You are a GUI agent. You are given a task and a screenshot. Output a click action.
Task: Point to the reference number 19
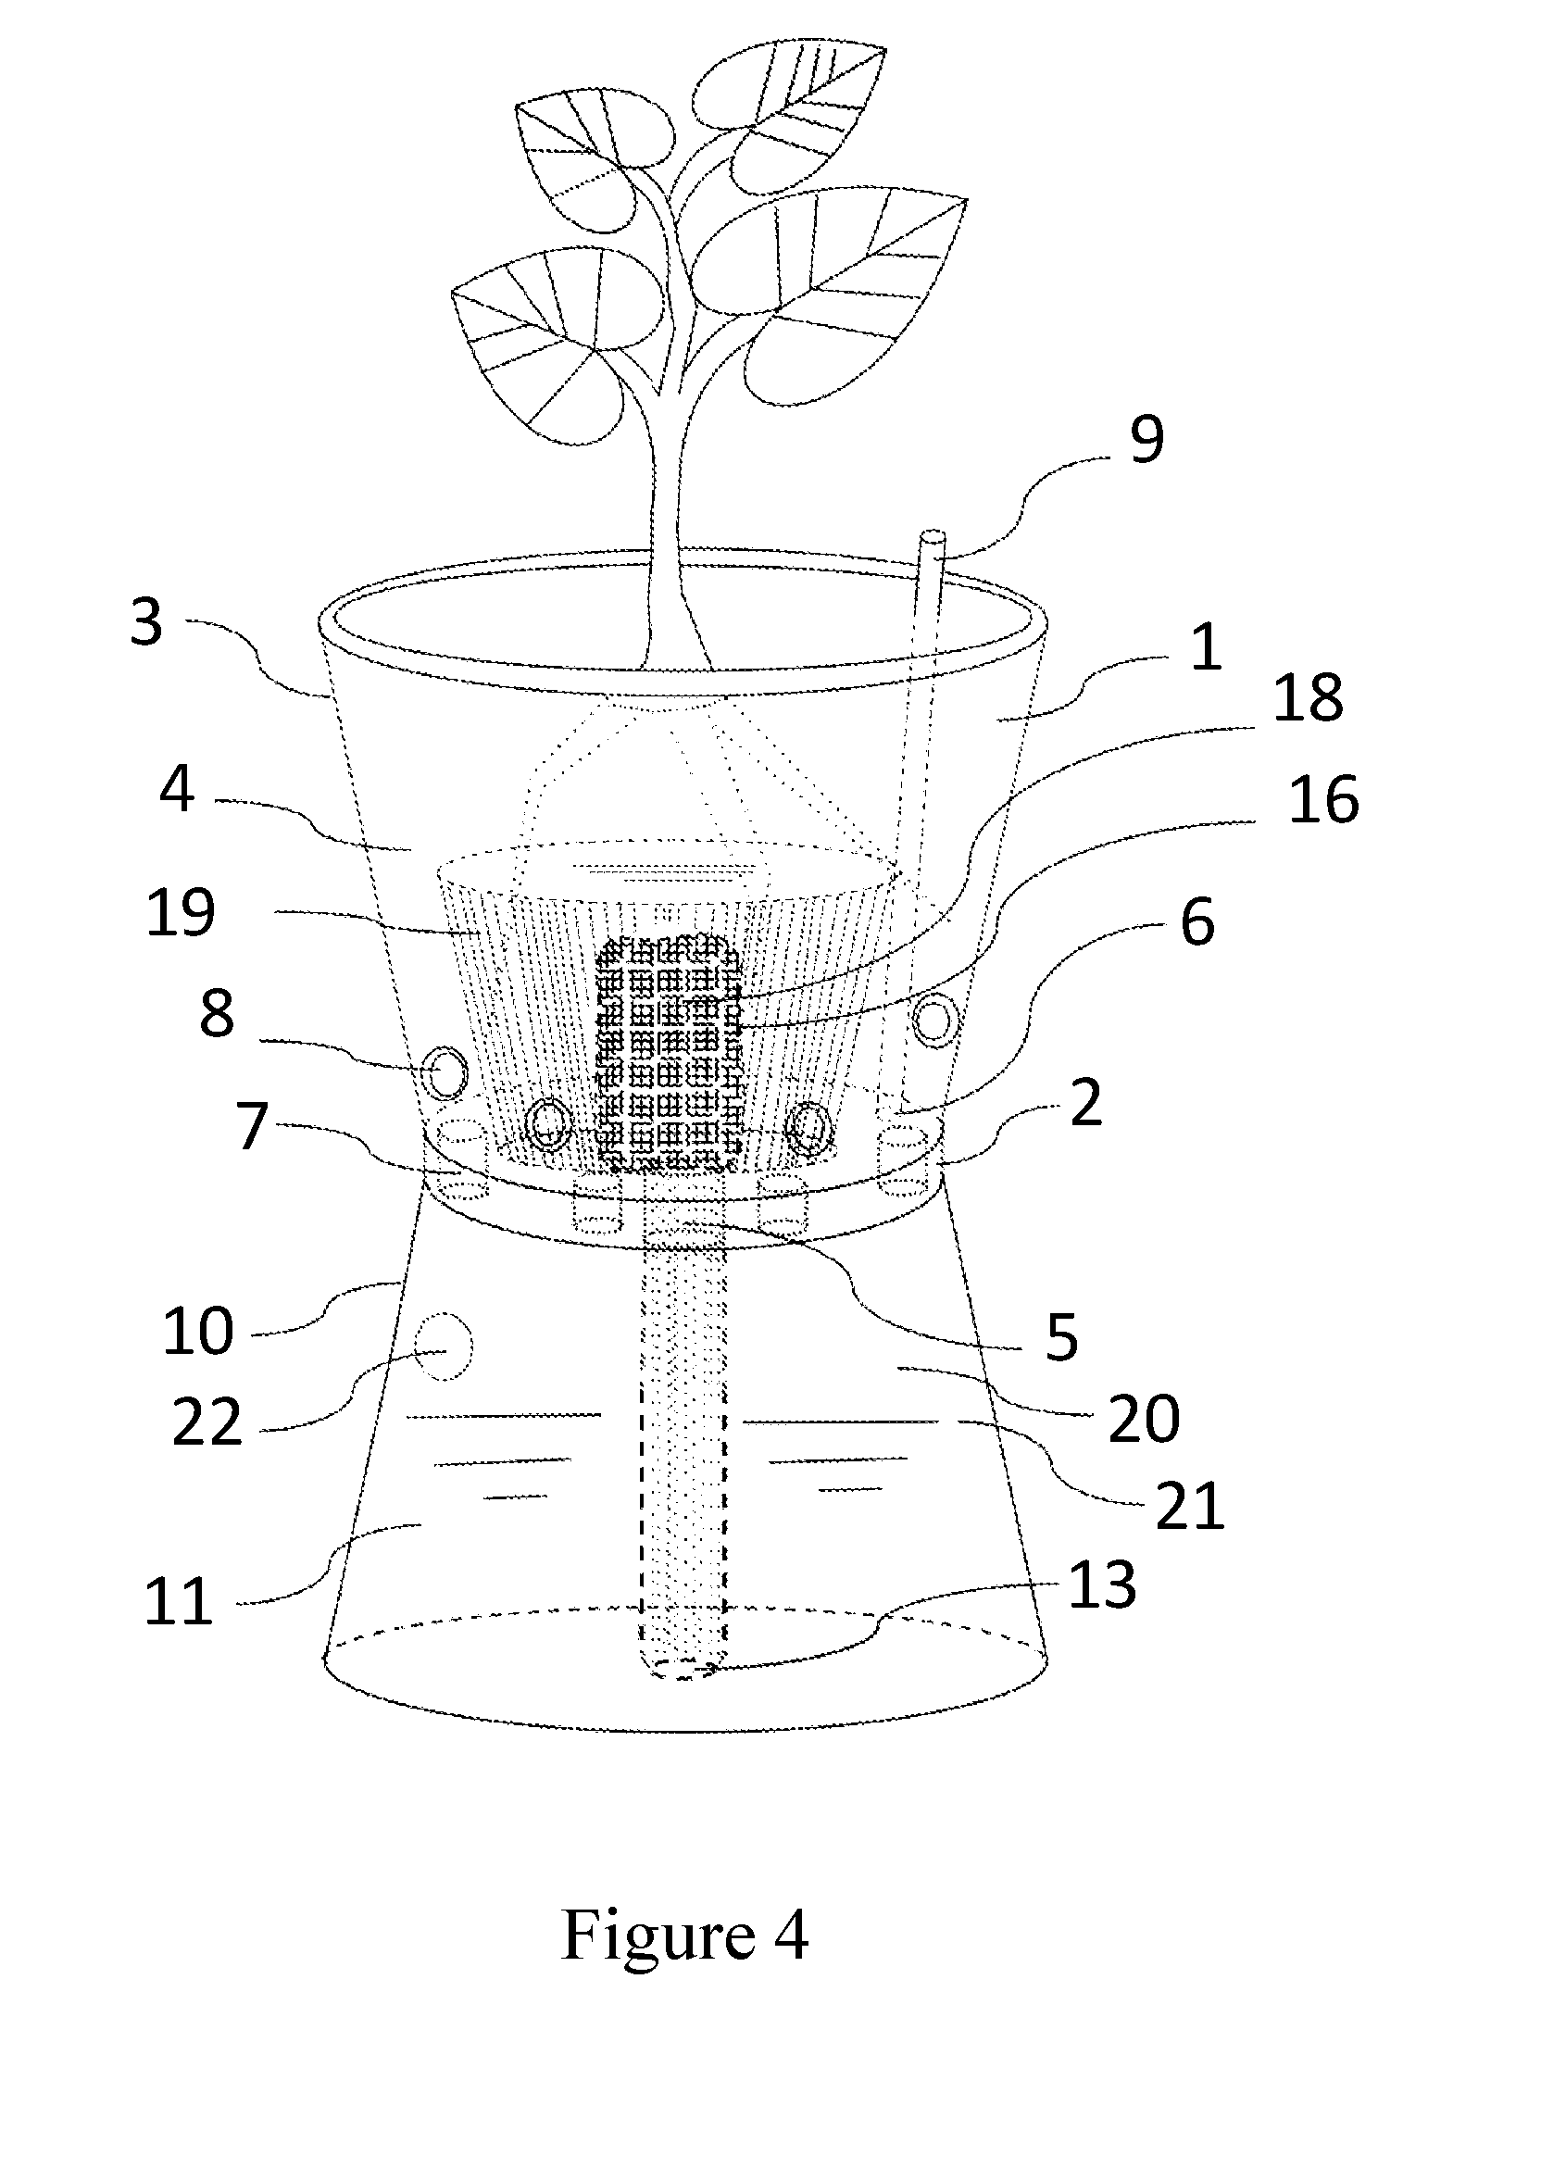[x=181, y=913]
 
